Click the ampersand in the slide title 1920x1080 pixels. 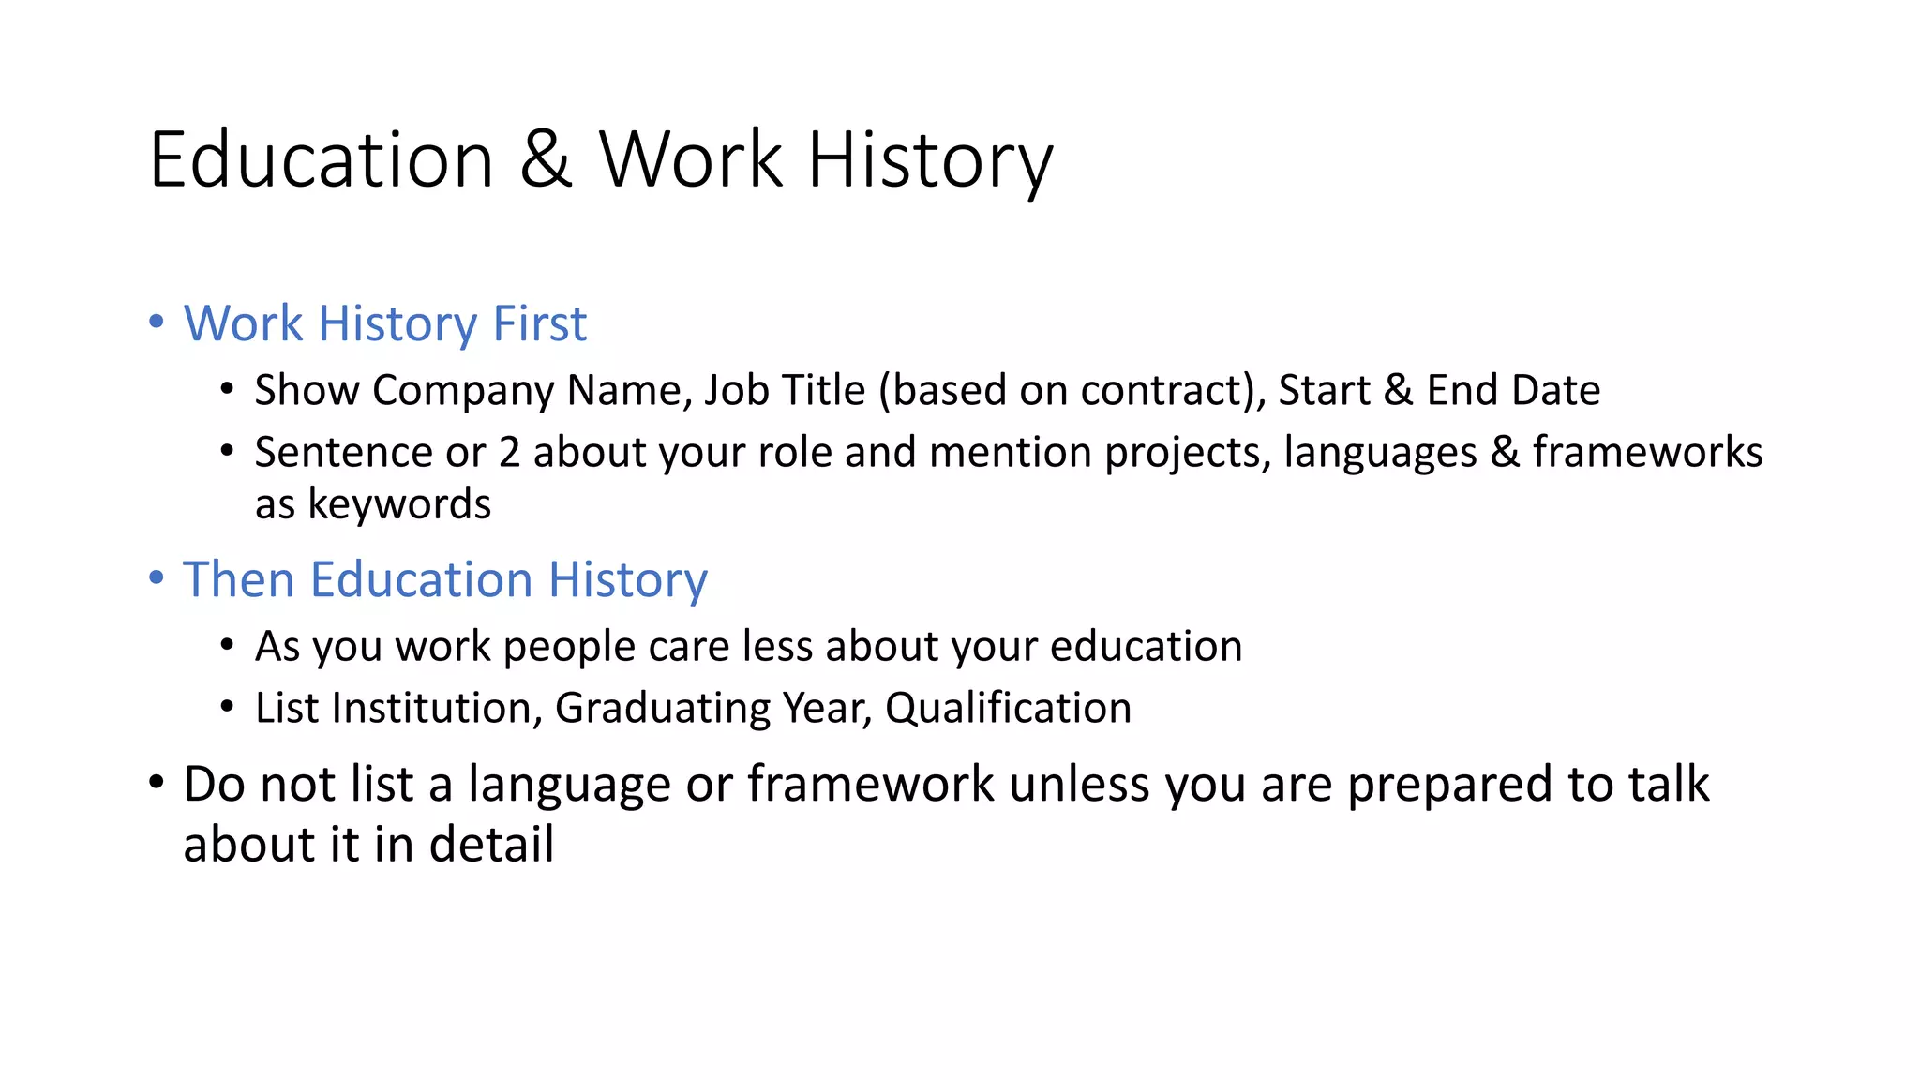coord(546,160)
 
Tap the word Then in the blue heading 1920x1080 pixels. coord(238,580)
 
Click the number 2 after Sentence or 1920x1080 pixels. coord(509,453)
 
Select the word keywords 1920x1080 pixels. coord(399,505)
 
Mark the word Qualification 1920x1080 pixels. coord(1008,709)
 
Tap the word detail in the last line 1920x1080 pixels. coord(491,845)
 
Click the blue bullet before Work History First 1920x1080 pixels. coord(157,322)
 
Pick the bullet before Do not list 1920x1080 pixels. coord(157,782)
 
